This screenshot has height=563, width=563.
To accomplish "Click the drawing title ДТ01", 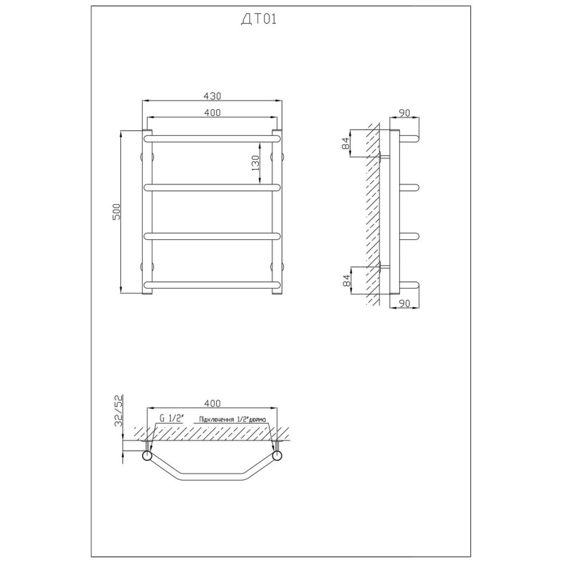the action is (x=258, y=19).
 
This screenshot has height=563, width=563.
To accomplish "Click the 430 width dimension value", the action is (x=213, y=96).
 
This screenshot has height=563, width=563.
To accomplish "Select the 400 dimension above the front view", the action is (x=213, y=113).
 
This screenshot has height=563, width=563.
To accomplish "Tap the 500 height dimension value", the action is (x=117, y=212).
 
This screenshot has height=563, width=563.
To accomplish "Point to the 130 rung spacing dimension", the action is (x=255, y=163).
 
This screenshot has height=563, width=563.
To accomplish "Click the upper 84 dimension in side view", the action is (x=346, y=144).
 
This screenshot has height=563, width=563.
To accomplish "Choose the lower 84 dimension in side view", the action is (x=346, y=280).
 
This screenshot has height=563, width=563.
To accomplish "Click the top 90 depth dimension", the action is (x=404, y=113).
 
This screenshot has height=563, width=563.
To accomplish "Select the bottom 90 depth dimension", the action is (x=404, y=303).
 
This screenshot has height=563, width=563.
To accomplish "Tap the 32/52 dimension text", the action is (x=118, y=410).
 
